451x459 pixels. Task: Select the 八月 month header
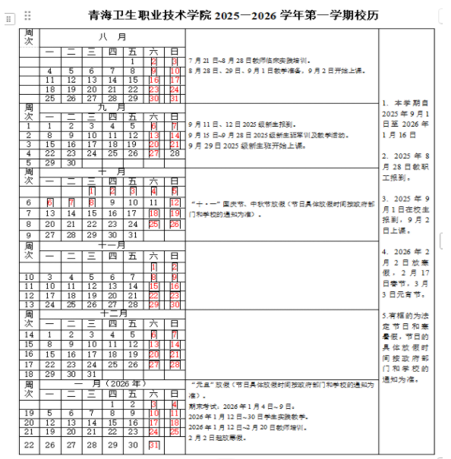coord(112,36)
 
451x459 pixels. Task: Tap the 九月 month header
coord(112,107)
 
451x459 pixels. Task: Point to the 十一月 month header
coord(112,245)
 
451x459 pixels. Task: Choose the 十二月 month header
coord(112,313)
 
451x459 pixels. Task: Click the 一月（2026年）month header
coord(112,384)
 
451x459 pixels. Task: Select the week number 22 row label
coord(29,445)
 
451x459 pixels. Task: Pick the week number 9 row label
coord(29,234)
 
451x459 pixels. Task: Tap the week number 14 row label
coord(29,334)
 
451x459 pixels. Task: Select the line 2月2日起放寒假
coord(221,439)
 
